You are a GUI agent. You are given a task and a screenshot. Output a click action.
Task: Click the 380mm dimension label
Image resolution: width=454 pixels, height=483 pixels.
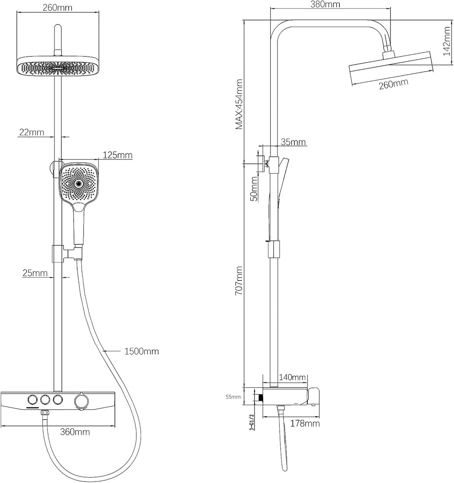[x=325, y=4]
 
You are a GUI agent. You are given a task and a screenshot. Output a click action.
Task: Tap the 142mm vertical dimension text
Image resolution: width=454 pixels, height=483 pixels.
[x=447, y=41]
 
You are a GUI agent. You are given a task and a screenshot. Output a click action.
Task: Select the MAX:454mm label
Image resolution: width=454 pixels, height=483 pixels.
[x=239, y=104]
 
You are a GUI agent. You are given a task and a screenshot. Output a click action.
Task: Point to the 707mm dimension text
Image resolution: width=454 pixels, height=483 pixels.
[x=239, y=281]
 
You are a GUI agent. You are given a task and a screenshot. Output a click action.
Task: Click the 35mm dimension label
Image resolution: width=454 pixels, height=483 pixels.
[x=293, y=142]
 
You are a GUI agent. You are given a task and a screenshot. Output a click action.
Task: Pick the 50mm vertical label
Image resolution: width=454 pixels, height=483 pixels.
[x=254, y=189]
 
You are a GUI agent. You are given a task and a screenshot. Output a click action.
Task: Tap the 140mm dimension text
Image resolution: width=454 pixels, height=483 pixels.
[x=292, y=377]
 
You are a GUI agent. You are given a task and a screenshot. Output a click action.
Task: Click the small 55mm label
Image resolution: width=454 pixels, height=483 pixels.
[x=233, y=397]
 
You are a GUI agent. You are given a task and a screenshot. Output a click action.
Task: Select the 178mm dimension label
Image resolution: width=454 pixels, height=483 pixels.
[x=305, y=423]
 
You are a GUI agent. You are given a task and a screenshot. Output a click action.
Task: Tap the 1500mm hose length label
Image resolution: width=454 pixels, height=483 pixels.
[x=142, y=351]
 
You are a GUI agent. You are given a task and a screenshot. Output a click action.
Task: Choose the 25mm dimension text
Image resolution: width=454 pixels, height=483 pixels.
[x=35, y=273]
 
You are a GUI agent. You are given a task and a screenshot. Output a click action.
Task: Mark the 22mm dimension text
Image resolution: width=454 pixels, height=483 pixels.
[x=32, y=132]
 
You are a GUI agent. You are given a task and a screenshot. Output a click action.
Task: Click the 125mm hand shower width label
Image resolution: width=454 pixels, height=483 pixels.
[x=118, y=155]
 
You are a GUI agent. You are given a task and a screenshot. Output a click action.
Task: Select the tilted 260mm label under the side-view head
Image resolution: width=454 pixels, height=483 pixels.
[x=394, y=84]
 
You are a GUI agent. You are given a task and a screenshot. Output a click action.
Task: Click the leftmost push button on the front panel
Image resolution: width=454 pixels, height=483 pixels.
[x=33, y=400]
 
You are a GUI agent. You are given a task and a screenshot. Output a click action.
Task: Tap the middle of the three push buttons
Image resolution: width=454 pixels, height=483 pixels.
[x=45, y=400]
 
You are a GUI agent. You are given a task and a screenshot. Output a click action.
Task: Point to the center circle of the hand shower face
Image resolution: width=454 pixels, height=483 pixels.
[x=78, y=184]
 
